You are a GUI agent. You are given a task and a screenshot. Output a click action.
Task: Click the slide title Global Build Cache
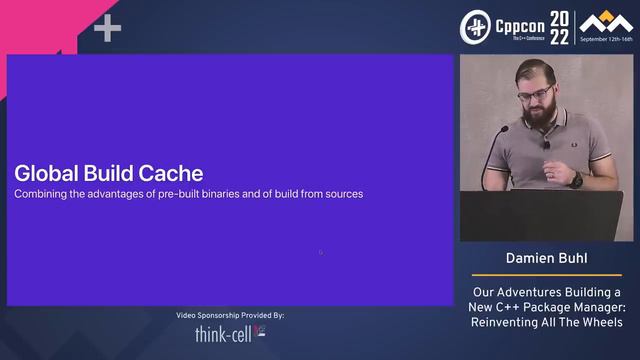[108, 172]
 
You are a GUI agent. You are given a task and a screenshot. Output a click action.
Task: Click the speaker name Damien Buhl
[546, 259]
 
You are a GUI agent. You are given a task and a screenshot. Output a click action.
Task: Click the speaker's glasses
[537, 96]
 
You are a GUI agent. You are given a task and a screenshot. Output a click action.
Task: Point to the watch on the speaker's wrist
[576, 180]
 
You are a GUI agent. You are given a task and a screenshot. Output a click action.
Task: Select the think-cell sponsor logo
[230, 332]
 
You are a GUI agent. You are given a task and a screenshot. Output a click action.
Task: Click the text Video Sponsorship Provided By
[230, 315]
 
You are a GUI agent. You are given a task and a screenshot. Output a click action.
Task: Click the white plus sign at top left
[107, 29]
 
